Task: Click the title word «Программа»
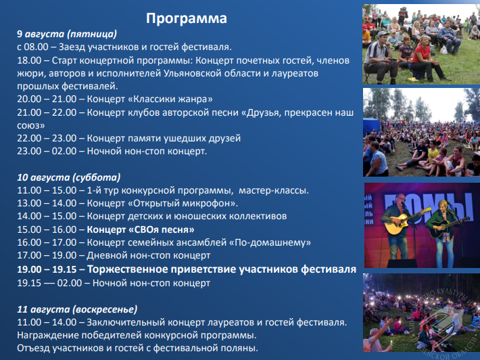[187, 18]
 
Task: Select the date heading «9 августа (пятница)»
[67, 34]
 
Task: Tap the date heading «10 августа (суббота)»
[68, 177]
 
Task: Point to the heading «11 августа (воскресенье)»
[77, 309]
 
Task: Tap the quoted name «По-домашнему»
[270, 242]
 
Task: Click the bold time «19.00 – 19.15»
[47, 269]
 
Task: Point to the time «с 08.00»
[32, 47]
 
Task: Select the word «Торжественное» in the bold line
[127, 269]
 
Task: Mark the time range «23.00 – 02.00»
[47, 151]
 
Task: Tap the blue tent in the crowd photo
[371, 127]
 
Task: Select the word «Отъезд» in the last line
[33, 348]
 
